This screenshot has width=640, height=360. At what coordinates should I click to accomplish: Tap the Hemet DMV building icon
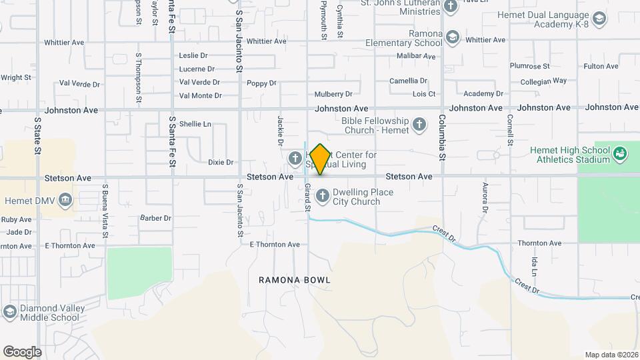(x=65, y=199)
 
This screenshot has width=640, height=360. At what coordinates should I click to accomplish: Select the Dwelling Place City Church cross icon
(x=323, y=196)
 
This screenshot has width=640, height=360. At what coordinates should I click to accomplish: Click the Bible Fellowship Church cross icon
(x=419, y=124)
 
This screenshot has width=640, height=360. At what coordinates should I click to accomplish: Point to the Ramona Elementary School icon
(x=453, y=37)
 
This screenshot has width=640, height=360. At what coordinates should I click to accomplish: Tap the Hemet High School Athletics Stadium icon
(x=621, y=154)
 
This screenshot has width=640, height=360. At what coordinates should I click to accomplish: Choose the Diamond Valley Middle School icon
(x=9, y=311)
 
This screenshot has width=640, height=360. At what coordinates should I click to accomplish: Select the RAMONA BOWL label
(x=295, y=281)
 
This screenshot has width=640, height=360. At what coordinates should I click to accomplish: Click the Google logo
(x=22, y=351)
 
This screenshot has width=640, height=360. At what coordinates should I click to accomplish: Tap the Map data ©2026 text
(x=611, y=355)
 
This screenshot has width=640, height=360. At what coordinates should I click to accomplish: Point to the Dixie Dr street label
(x=221, y=162)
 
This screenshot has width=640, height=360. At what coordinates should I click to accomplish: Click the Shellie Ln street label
(x=195, y=124)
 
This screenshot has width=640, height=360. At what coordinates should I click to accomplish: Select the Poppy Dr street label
(x=261, y=83)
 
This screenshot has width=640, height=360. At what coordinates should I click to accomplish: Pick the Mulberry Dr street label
(x=333, y=95)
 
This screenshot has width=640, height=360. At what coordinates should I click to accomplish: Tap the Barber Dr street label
(x=156, y=218)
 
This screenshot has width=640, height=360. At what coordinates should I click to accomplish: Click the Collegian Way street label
(x=543, y=81)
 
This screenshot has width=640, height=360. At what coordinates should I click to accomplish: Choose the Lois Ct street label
(x=424, y=95)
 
